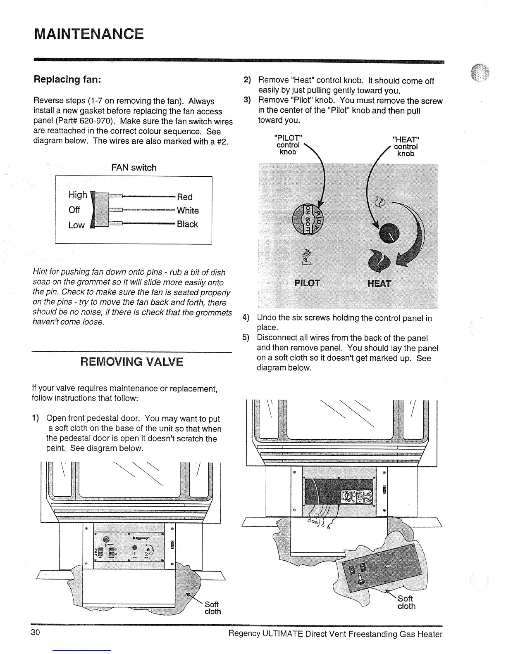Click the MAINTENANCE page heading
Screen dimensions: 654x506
(88, 33)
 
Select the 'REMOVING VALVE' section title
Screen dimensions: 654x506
(131, 362)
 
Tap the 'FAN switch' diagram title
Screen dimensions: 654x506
(134, 168)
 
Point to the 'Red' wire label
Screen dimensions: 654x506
(184, 197)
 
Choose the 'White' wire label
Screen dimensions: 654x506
(188, 211)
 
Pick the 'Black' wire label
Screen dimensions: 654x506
(187, 224)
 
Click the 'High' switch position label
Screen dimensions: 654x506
(78, 194)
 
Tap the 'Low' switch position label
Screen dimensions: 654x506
(76, 225)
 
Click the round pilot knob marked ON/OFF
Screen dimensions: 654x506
(308, 219)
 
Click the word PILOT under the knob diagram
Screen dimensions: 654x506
(307, 283)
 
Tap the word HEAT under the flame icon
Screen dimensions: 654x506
(379, 283)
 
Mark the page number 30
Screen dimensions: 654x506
(35, 633)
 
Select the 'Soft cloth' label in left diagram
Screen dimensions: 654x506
(212, 608)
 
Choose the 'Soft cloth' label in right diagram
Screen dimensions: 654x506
(406, 602)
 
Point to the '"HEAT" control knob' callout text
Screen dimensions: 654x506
(405, 146)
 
